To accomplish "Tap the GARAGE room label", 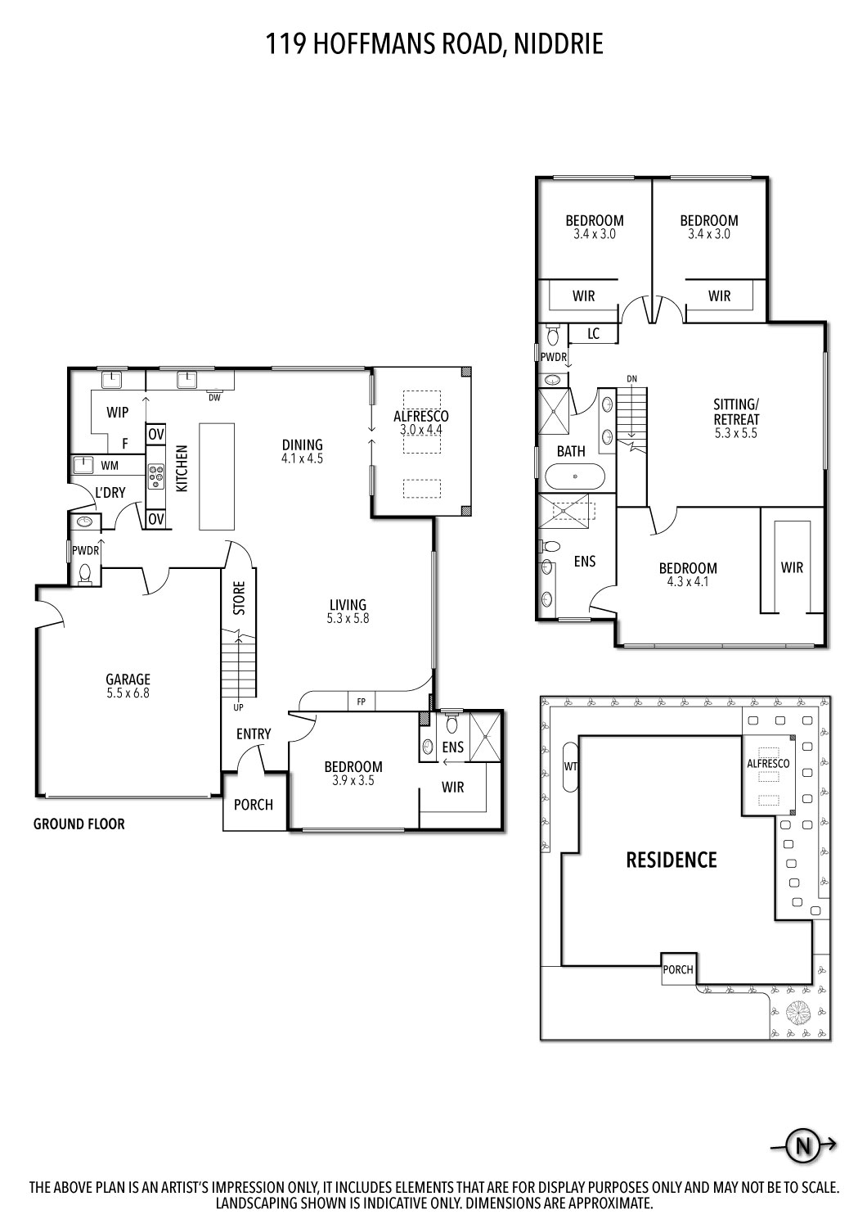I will (x=128, y=679).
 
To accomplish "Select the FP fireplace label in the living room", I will (x=360, y=701).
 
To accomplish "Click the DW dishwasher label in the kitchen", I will (x=214, y=398).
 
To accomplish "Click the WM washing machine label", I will (x=110, y=465).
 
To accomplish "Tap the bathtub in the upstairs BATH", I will (x=575, y=476).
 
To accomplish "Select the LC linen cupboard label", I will (x=593, y=333).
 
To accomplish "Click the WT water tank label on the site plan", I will (x=570, y=766).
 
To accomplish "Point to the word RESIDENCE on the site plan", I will (x=671, y=860).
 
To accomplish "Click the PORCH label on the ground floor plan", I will (x=254, y=804).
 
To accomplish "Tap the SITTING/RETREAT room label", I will (x=736, y=412).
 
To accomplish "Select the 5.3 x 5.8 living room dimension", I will (x=348, y=619).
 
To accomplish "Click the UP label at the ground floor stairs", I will (x=238, y=707).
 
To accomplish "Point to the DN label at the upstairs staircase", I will (x=631, y=379).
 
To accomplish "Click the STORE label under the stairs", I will (x=239, y=598).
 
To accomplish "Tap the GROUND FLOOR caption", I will (x=79, y=824).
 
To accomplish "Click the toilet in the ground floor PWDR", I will (x=84, y=572).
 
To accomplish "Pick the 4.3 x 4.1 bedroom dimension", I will (x=688, y=582).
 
